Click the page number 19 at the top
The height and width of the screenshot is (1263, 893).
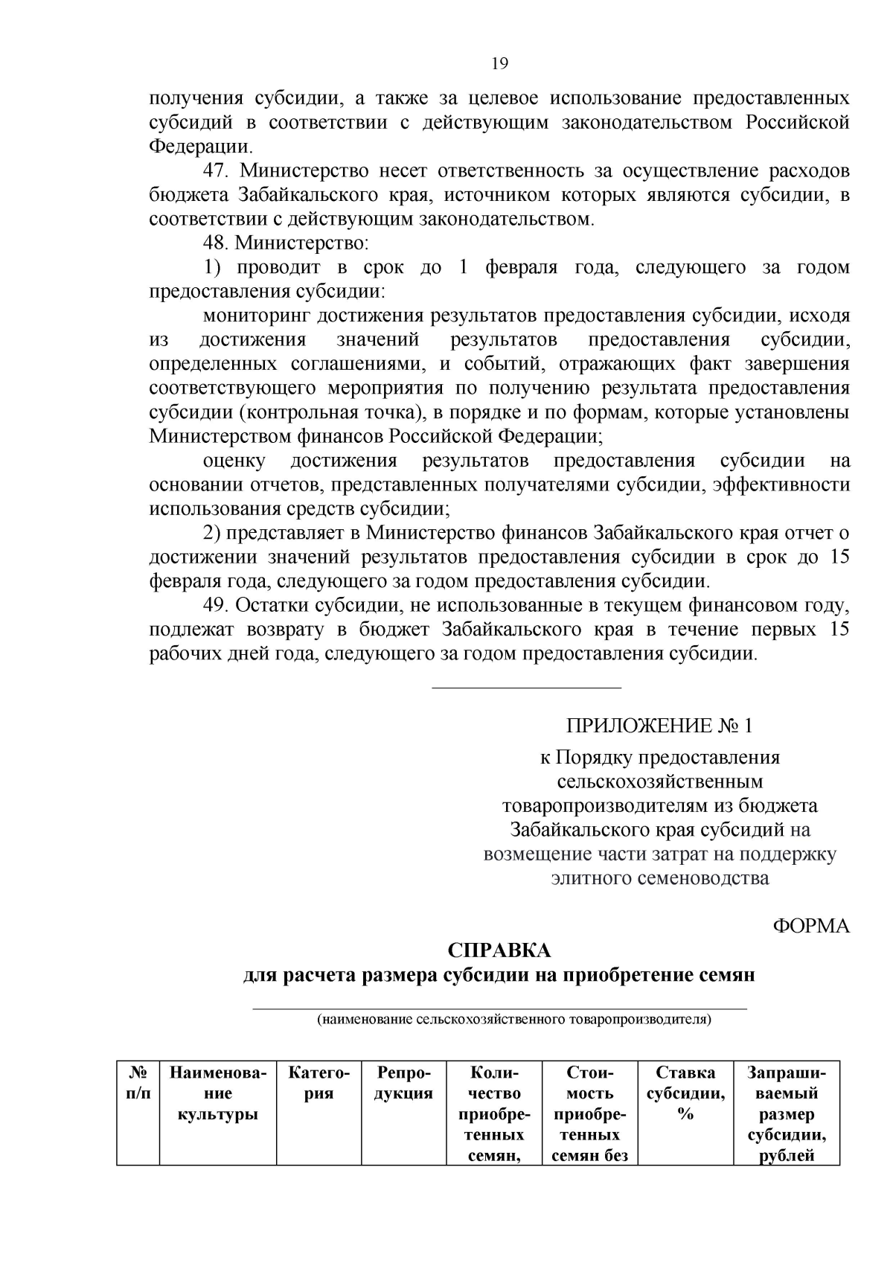[x=499, y=63]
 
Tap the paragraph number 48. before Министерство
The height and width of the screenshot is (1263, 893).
[x=217, y=243]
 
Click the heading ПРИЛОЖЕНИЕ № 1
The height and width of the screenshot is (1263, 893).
[x=659, y=725]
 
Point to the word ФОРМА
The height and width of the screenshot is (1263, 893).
[x=811, y=925]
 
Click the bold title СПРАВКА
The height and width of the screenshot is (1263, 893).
[x=499, y=950]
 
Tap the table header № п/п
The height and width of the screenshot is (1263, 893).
[x=138, y=1083]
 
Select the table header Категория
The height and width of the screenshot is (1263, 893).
[x=319, y=1083]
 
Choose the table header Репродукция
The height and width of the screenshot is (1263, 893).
[x=403, y=1083]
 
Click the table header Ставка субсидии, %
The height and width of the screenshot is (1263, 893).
[x=685, y=1093]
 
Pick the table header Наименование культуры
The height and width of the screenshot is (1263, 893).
[x=217, y=1093]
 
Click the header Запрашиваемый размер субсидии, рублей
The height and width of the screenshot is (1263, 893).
[x=787, y=1113]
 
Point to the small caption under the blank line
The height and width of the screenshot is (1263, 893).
[x=514, y=1019]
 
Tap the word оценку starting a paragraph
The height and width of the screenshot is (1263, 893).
[x=234, y=461]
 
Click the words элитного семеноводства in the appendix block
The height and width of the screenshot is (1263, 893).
[x=659, y=877]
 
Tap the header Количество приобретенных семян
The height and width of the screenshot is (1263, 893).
[x=494, y=1113]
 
